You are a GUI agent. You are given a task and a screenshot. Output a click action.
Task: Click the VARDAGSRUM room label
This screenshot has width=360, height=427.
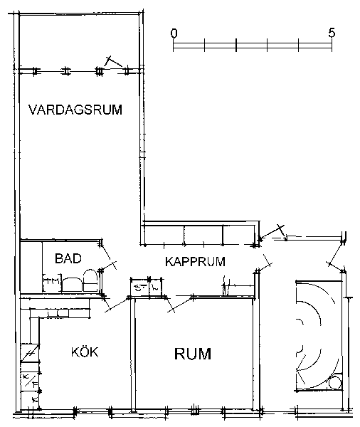pyautogui.click(x=75, y=110)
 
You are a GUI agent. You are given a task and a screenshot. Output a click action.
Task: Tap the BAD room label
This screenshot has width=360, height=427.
pyautogui.click(x=68, y=258)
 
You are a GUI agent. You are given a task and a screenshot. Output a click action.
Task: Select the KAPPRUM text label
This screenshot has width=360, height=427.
pyautogui.click(x=195, y=261)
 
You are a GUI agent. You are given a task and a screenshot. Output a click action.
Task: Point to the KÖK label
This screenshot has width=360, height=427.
pyautogui.click(x=85, y=352)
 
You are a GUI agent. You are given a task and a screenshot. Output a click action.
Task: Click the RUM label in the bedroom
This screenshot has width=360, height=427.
pyautogui.click(x=193, y=354)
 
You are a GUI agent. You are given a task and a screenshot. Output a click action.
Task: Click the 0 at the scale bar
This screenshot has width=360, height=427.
pyautogui.click(x=174, y=33)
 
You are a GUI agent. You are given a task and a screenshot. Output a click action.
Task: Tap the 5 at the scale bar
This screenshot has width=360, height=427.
pyautogui.click(x=332, y=33)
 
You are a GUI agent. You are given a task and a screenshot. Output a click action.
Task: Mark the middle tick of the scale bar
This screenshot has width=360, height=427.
pyautogui.click(x=236, y=45)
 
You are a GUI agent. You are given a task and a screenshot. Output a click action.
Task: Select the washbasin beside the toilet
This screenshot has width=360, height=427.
pyautogui.click(x=72, y=285)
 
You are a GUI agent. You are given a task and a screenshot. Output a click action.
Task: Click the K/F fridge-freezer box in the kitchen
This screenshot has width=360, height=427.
pyautogui.click(x=30, y=381)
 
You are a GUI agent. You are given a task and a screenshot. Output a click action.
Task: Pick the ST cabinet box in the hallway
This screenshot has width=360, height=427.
pyautogui.click(x=139, y=288)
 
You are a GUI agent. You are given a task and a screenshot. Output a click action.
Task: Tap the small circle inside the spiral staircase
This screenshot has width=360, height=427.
pyautogui.click(x=334, y=383)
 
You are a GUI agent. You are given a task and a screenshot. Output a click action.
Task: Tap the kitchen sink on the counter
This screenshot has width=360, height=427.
pyautogui.click(x=58, y=313)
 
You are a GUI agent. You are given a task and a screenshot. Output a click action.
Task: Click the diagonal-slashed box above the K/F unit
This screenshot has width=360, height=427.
pyautogui.click(x=30, y=353)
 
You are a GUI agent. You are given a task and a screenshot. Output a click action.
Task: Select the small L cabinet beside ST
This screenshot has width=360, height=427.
pyautogui.click(x=156, y=288)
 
